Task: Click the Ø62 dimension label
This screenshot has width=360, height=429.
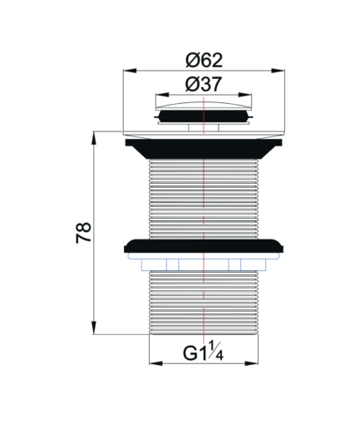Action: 204,60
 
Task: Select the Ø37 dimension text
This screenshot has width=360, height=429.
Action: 204,84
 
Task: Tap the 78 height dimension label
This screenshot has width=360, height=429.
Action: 83,233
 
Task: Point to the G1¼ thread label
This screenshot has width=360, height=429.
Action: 203,352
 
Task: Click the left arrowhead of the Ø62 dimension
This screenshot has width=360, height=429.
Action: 130,71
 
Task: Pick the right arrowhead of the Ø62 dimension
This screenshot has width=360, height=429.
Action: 278,71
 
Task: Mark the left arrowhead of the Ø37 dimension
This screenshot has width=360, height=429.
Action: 162,95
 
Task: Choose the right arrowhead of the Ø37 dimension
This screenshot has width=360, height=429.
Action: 245,95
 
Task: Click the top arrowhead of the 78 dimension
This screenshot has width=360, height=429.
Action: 94,138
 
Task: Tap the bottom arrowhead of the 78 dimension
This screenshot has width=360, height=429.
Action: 94,328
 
